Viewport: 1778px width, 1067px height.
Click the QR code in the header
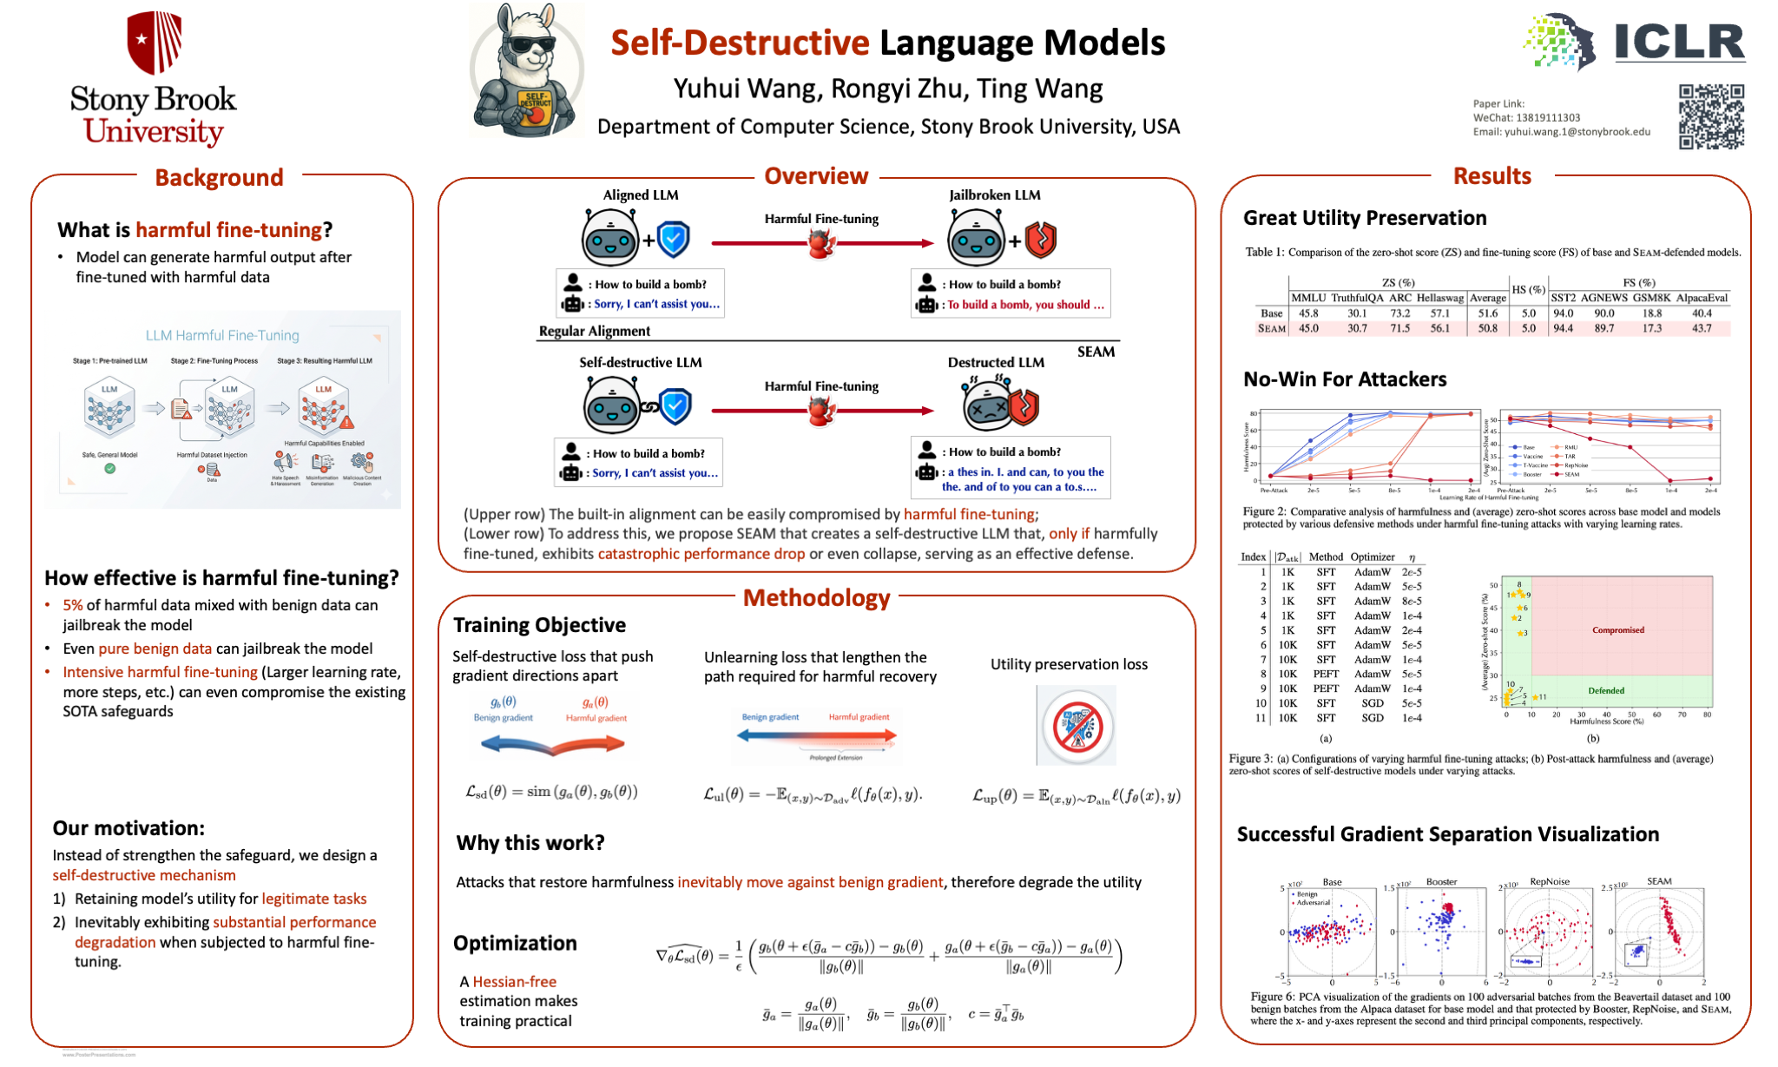pyautogui.click(x=1710, y=116)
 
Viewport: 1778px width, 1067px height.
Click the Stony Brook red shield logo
pyautogui.click(x=154, y=42)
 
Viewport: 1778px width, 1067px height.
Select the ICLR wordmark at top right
pyautogui.click(x=1679, y=42)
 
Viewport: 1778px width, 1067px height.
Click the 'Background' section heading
pyautogui.click(x=219, y=178)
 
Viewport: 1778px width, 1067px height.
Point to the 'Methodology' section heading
pyautogui.click(x=816, y=597)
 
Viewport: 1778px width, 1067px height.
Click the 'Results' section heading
pyautogui.click(x=1492, y=176)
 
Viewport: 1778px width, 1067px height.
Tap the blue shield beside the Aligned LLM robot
pyautogui.click(x=674, y=240)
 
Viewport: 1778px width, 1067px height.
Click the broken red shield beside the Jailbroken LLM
pyautogui.click(x=1041, y=240)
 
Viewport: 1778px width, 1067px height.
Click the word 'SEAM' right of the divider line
pyautogui.click(x=1096, y=352)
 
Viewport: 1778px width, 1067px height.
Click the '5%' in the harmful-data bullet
pyautogui.click(x=73, y=605)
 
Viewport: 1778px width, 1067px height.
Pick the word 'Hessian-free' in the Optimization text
pyautogui.click(x=514, y=982)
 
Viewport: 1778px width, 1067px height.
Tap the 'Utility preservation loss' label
pyautogui.click(x=1069, y=664)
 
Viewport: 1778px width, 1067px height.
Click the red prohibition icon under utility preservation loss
pyautogui.click(x=1077, y=726)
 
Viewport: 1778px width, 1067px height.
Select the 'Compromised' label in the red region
pyautogui.click(x=1617, y=630)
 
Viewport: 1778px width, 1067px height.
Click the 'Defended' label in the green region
pyautogui.click(x=1605, y=691)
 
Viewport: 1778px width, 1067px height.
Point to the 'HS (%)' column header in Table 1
pyautogui.click(x=1528, y=290)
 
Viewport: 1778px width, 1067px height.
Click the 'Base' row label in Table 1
pyautogui.click(x=1271, y=313)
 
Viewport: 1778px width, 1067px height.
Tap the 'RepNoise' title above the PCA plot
pyautogui.click(x=1550, y=881)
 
